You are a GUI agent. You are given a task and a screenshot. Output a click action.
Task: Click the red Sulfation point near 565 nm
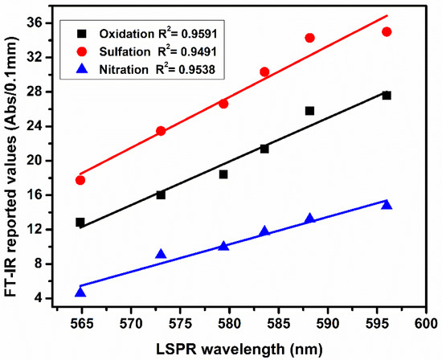pos(80,180)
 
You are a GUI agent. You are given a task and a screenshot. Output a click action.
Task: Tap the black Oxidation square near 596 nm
pos(387,96)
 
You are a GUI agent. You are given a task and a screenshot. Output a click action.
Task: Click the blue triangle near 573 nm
pos(161,254)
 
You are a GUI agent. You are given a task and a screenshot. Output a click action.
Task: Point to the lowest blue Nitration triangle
pos(80,292)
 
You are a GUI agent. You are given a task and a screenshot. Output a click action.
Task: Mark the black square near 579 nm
pos(223,174)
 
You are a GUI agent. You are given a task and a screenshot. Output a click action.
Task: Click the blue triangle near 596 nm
pos(387,205)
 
